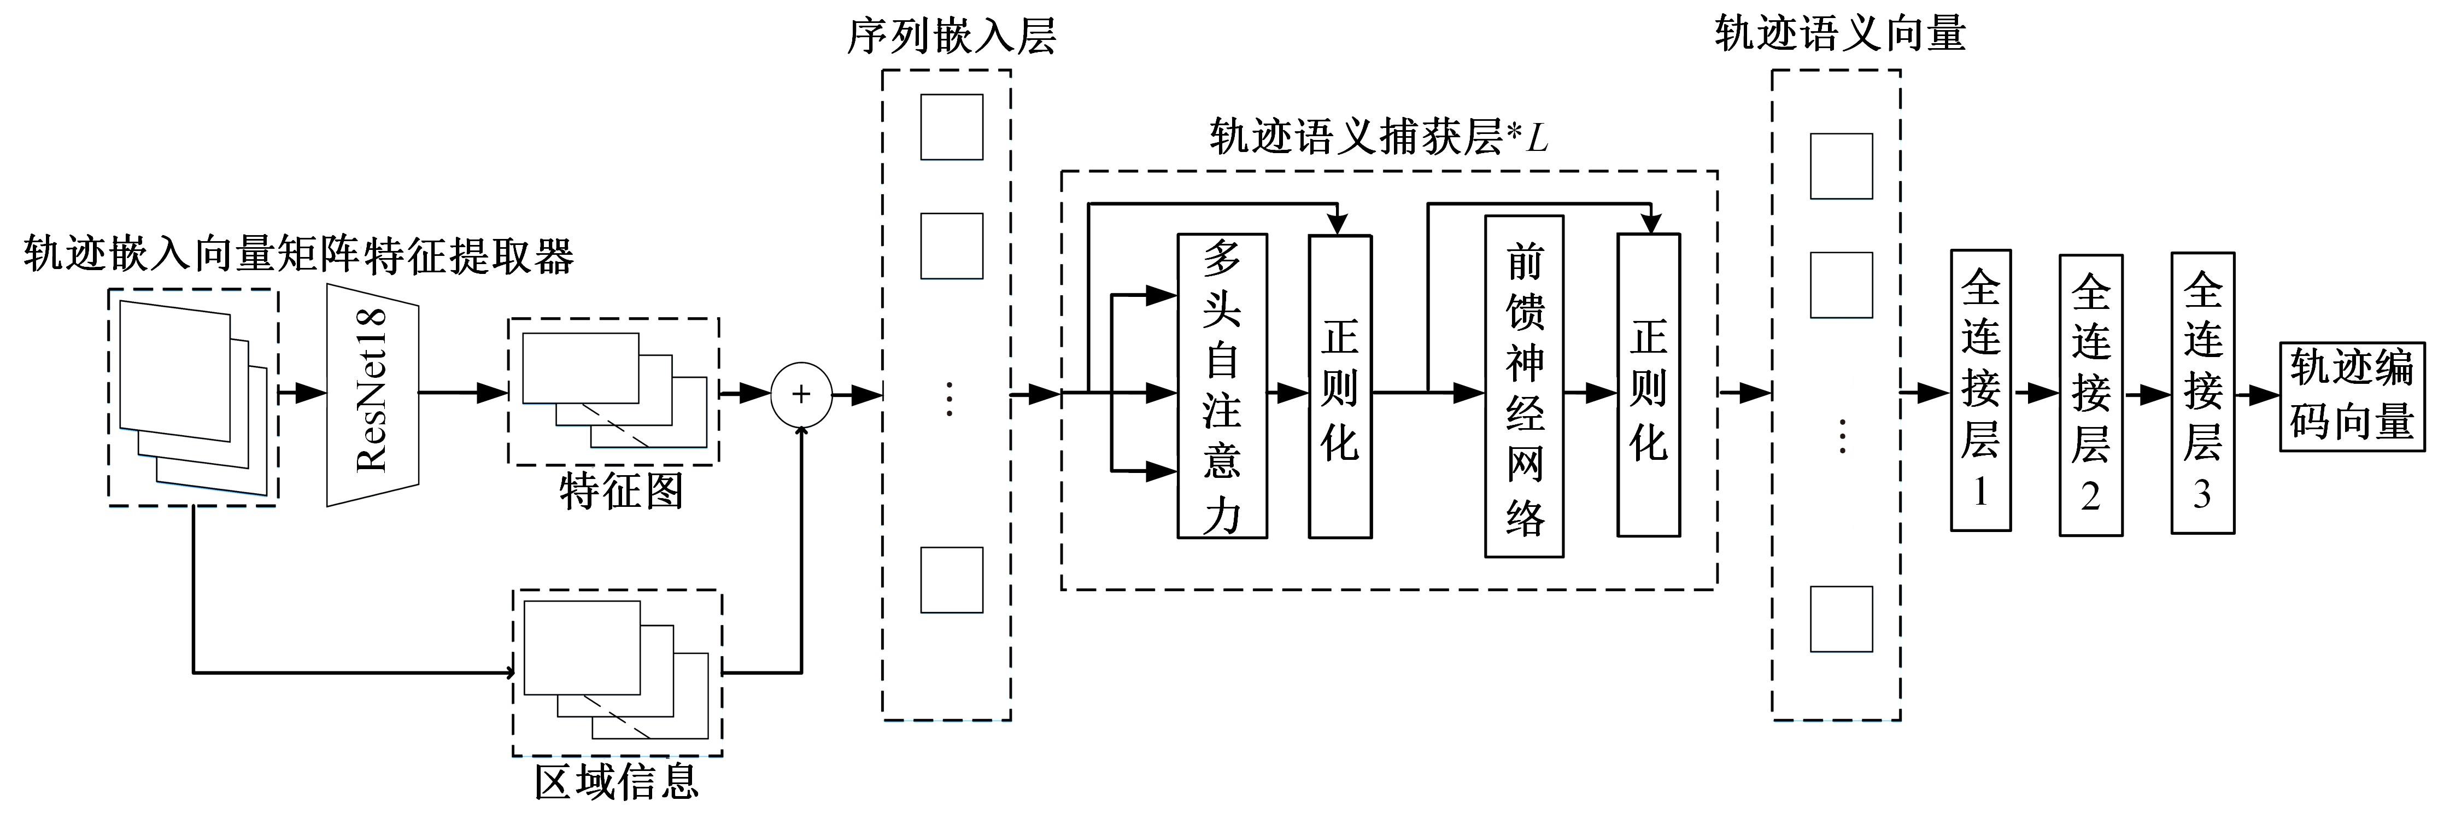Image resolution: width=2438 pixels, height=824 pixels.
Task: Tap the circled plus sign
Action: point(801,394)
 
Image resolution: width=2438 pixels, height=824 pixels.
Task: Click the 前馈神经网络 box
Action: point(1524,387)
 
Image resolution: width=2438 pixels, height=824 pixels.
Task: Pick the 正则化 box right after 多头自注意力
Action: point(1339,387)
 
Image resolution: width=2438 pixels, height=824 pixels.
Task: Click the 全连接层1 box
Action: point(1980,390)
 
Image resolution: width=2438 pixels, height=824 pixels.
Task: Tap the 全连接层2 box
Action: point(2091,394)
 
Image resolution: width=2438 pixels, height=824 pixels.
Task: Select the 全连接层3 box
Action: point(2202,392)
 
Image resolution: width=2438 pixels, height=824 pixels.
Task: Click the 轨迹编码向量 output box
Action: point(2352,396)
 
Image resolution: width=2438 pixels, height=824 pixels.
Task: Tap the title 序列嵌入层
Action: point(950,36)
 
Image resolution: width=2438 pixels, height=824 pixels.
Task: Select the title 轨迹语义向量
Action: point(1840,34)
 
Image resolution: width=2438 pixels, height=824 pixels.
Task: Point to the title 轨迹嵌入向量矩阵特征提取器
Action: point(298,256)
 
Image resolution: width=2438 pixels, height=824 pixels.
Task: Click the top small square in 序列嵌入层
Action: point(951,127)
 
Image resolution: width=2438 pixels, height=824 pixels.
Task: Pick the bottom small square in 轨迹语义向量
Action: point(1841,618)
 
